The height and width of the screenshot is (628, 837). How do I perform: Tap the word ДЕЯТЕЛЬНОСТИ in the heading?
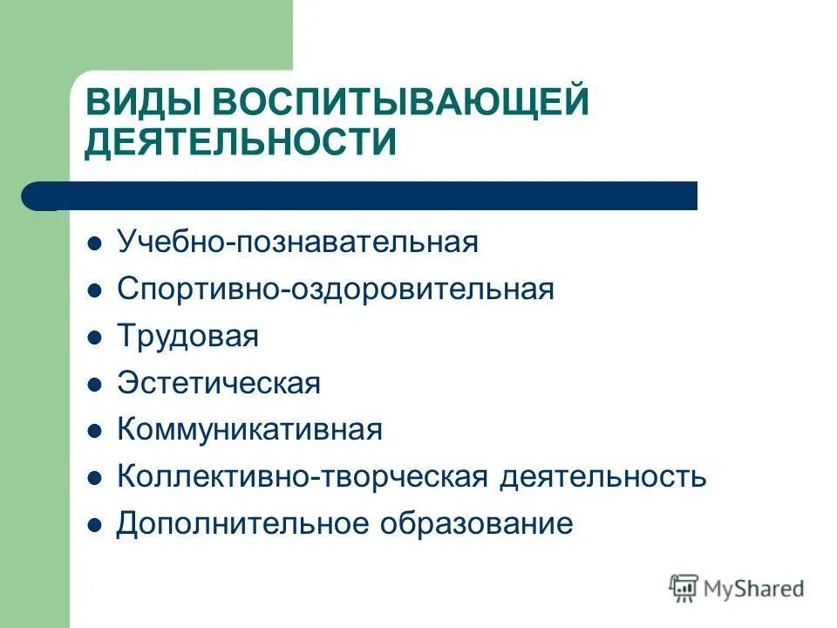(x=241, y=141)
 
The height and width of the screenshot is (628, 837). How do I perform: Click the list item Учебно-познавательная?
(x=297, y=242)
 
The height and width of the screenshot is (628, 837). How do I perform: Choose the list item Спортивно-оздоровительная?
(x=336, y=289)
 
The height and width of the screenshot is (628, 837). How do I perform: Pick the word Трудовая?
(x=187, y=336)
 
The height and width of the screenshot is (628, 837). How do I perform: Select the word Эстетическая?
(x=219, y=383)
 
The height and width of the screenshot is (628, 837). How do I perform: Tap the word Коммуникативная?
(x=249, y=429)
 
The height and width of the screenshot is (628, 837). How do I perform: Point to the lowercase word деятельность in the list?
(x=603, y=477)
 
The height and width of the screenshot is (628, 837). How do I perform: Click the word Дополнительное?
(x=242, y=523)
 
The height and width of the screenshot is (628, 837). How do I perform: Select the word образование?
(x=475, y=523)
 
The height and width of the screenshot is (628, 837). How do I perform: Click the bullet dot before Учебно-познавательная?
(x=96, y=242)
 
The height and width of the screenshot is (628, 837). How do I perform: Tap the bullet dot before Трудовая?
(x=96, y=337)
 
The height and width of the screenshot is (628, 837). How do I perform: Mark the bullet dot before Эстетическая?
(x=96, y=384)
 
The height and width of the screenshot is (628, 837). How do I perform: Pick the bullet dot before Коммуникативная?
(x=96, y=431)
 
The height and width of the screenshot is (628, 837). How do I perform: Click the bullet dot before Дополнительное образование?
(x=96, y=525)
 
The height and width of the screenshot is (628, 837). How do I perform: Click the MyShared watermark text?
(x=754, y=589)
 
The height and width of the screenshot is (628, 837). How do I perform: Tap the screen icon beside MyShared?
(x=684, y=588)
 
